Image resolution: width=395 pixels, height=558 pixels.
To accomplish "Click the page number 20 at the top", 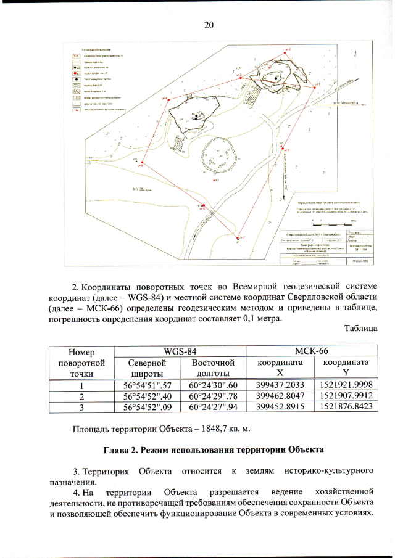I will click(x=208, y=25).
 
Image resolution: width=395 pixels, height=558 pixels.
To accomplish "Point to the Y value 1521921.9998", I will click(x=344, y=385).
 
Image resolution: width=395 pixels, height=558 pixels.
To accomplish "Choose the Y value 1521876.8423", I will click(x=344, y=407).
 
